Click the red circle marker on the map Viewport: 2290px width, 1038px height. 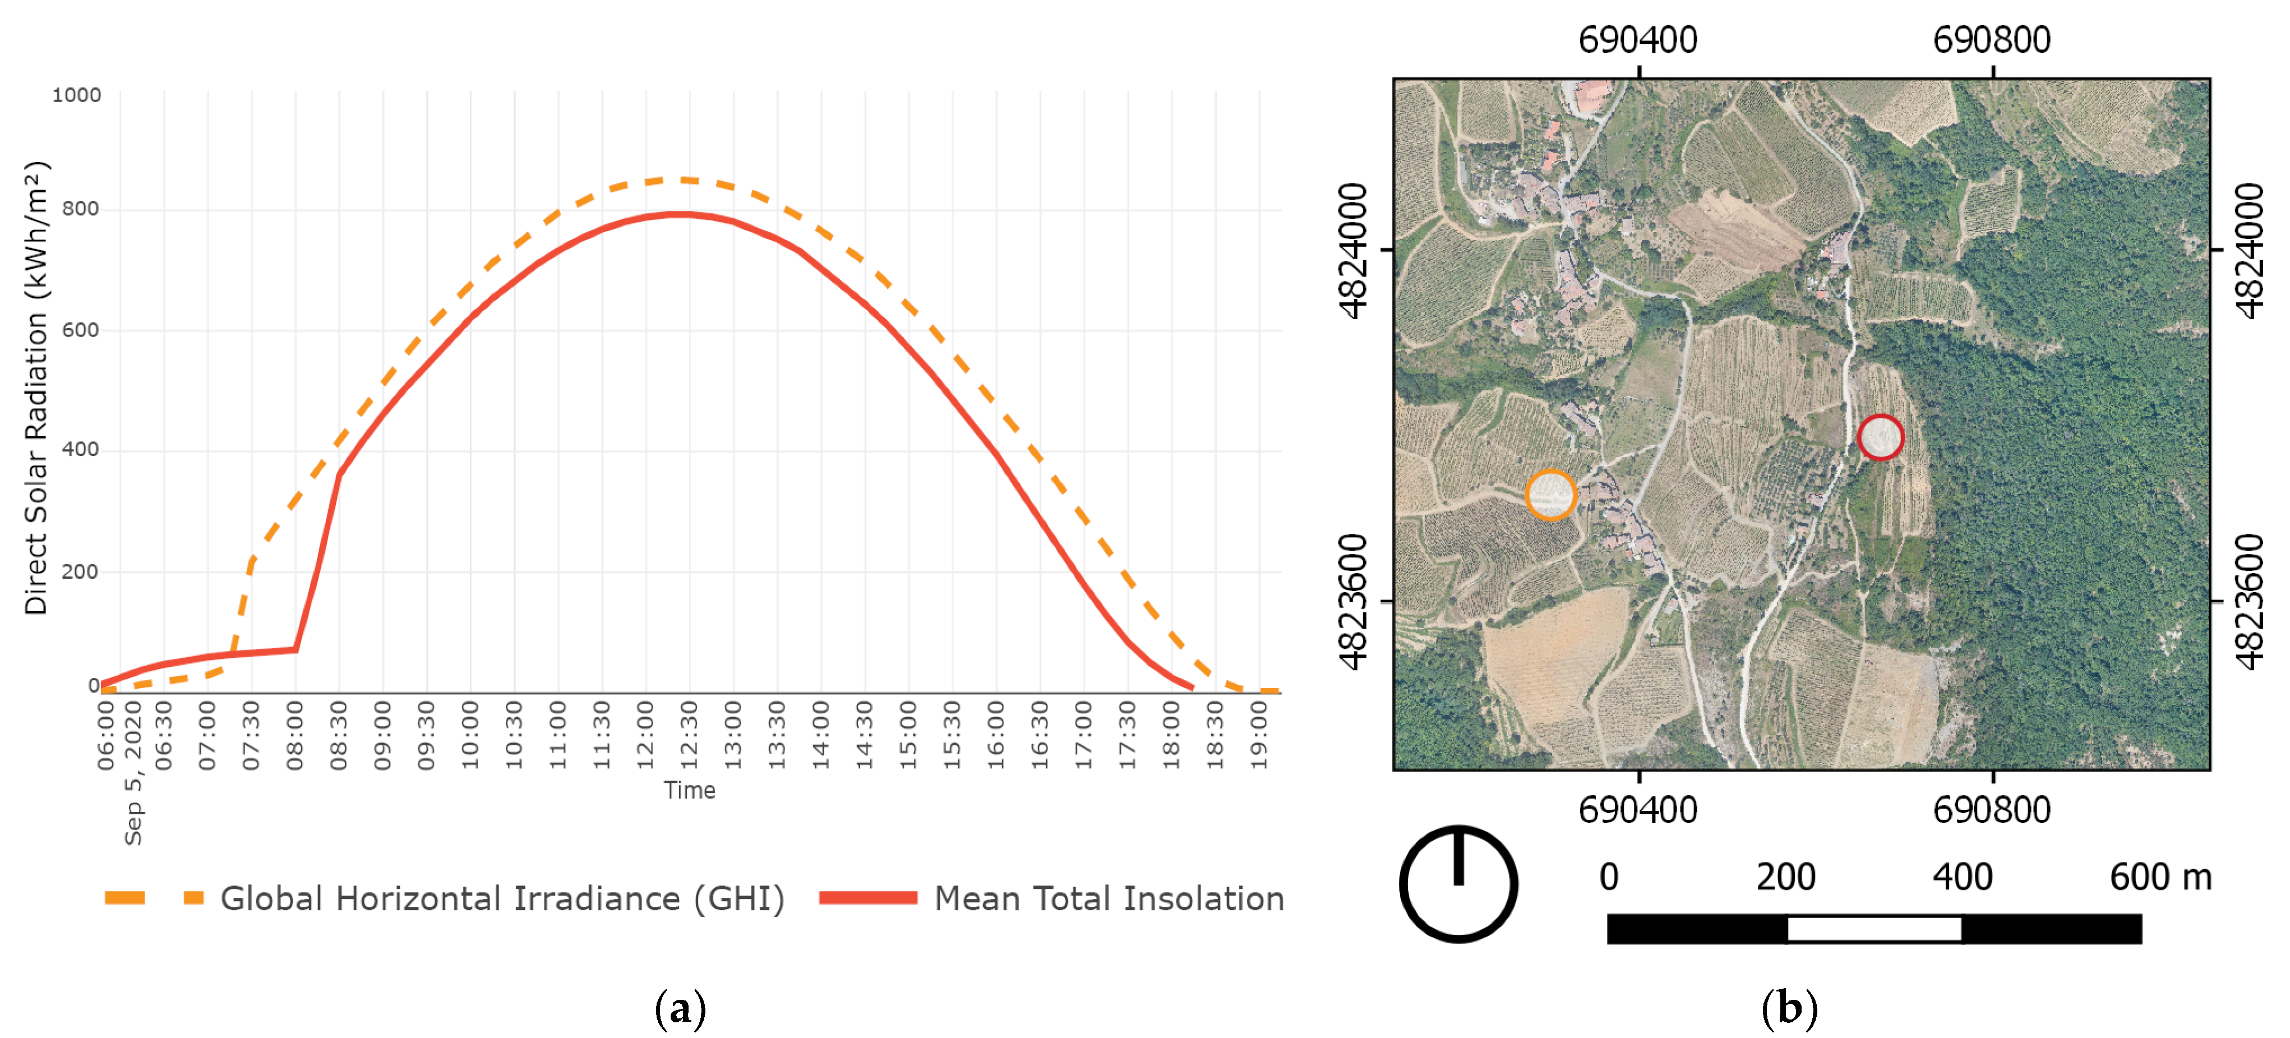[1880, 437]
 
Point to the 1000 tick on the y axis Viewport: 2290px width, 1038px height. [76, 95]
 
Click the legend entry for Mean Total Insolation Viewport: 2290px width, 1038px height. [1107, 898]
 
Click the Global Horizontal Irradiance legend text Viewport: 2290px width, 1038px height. [502, 898]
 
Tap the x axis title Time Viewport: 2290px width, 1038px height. [689, 790]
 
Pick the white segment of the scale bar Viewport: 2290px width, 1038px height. [1874, 929]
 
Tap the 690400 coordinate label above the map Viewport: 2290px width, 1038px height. [1637, 40]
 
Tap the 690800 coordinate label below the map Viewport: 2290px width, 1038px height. [1991, 810]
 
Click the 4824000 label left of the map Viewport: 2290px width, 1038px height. [1353, 251]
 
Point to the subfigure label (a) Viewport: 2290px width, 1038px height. [680, 1009]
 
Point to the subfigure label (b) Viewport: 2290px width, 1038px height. [1789, 1009]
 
